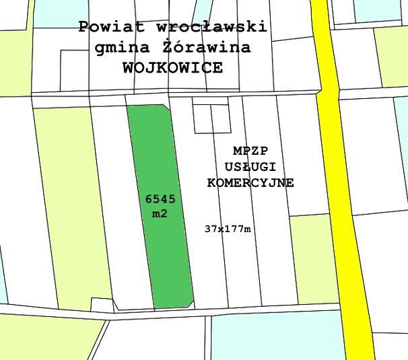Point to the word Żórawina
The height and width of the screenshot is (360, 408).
(206, 48)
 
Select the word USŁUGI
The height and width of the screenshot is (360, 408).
(250, 166)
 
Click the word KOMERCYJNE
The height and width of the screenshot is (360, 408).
(250, 183)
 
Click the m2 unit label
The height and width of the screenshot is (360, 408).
(160, 214)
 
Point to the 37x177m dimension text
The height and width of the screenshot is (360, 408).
(228, 229)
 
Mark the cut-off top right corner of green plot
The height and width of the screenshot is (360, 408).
(166, 106)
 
